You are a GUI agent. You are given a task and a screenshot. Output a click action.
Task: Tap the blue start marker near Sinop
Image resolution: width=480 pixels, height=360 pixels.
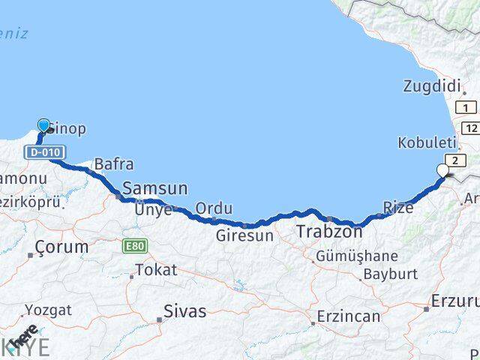tap(43, 125)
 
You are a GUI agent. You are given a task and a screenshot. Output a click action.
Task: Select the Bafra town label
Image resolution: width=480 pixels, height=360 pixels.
tap(114, 164)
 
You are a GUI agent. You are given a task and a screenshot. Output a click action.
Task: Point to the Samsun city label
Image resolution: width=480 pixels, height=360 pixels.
tap(155, 188)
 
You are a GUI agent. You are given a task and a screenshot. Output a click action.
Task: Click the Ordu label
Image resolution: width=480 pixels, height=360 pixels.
tap(214, 208)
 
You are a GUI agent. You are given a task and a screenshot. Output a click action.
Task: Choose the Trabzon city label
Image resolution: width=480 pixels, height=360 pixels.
tap(329, 232)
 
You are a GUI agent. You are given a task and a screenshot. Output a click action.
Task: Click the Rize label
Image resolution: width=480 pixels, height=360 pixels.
tap(397, 208)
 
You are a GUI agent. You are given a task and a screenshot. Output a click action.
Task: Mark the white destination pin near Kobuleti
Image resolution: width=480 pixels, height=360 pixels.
tap(442, 171)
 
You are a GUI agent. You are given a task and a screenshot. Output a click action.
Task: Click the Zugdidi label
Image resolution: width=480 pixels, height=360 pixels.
tap(431, 86)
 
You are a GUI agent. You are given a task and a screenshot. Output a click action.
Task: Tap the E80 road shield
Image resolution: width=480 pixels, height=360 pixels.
tap(136, 245)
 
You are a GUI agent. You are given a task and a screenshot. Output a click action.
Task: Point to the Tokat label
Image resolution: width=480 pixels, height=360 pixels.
tap(156, 270)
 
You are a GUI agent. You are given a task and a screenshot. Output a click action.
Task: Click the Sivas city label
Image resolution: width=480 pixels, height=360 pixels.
tap(184, 307)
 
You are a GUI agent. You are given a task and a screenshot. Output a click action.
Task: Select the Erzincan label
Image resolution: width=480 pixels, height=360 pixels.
tap(348, 316)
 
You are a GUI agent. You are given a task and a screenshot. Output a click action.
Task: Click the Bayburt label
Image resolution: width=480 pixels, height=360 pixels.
tap(390, 274)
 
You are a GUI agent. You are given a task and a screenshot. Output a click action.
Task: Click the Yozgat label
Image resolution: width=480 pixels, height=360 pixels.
tap(48, 309)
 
